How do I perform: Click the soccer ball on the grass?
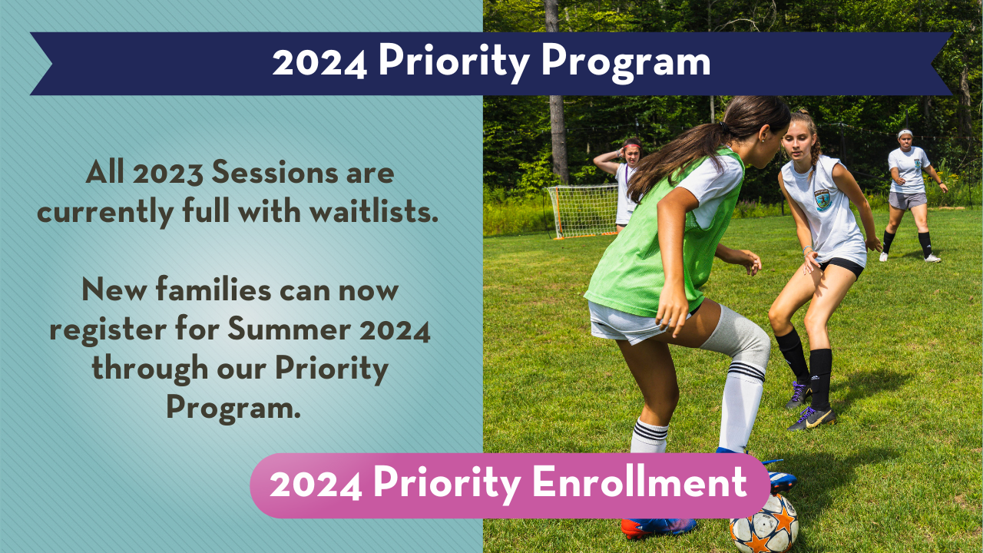coord(763,524)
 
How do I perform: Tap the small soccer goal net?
coord(582,211)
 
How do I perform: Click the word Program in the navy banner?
coord(626,62)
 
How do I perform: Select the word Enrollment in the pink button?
coord(640,481)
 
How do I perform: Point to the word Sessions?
coord(275,173)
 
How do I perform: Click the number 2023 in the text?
coord(168,173)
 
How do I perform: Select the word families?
coord(213,290)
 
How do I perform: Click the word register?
coord(108,330)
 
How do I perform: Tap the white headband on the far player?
coord(905,133)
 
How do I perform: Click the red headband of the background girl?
coord(632,146)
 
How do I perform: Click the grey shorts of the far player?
coord(908,200)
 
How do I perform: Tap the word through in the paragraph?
coord(150,369)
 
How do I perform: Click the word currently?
coord(105,213)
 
